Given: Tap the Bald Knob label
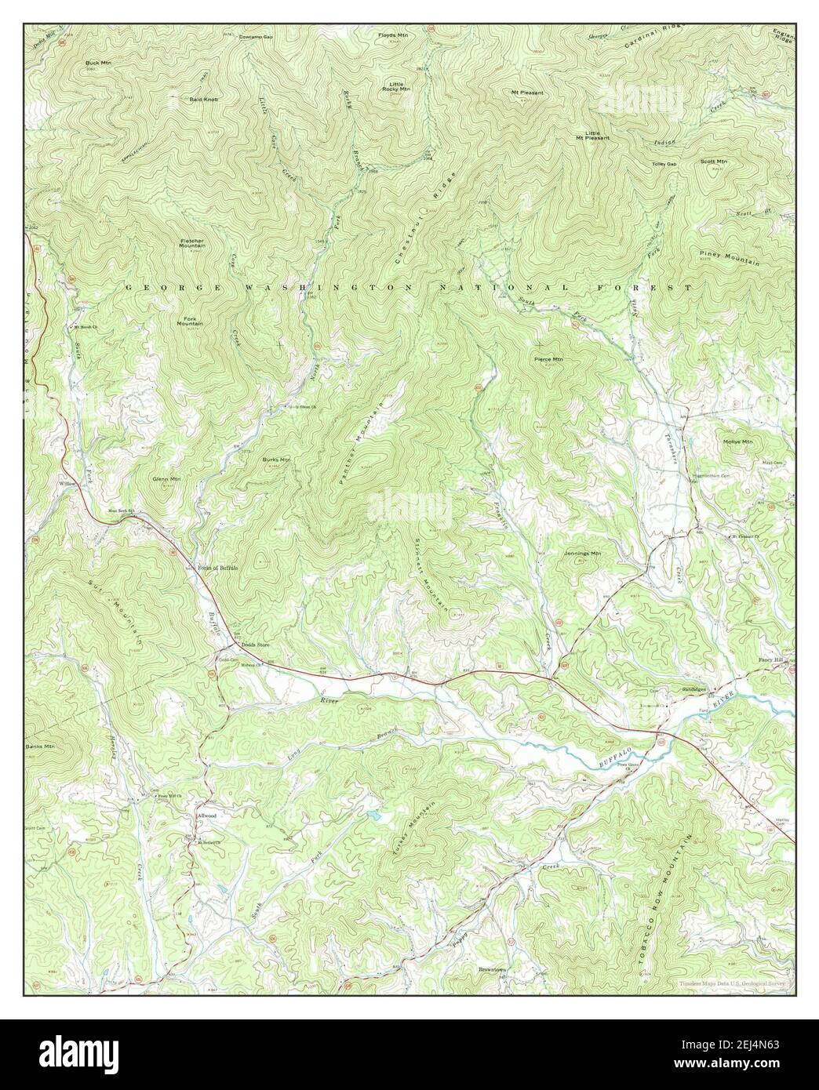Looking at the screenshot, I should coord(203,100).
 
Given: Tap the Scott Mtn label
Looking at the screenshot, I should coord(713,162).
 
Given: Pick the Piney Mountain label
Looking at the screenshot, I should coord(729,258).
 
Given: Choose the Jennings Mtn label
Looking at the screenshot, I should coord(581,553).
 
